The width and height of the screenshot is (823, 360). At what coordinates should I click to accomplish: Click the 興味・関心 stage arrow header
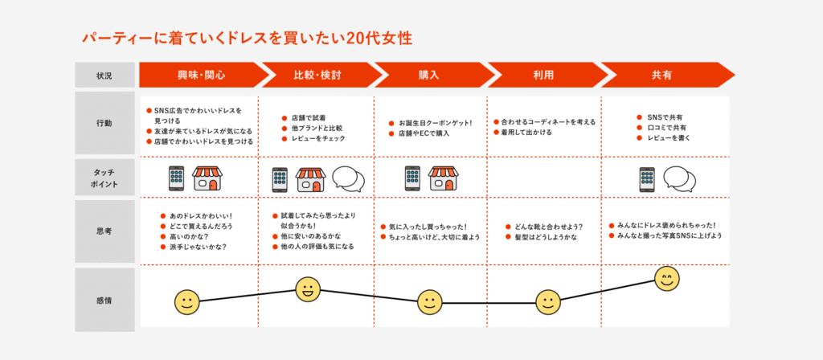(x=201, y=75)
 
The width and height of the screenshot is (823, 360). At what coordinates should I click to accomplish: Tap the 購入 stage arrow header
(x=428, y=75)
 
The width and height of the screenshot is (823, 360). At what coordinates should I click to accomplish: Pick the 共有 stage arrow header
(x=661, y=75)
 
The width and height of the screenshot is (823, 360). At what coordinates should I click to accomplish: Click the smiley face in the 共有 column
(x=666, y=279)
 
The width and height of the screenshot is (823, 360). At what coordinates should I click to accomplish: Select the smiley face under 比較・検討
(x=308, y=289)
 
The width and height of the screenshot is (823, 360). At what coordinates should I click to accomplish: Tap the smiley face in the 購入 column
(x=430, y=302)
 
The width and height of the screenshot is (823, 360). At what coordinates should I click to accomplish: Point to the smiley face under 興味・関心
(x=186, y=302)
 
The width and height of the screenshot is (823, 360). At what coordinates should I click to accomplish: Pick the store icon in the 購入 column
(x=444, y=178)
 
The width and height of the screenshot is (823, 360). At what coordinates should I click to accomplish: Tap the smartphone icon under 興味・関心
(x=176, y=178)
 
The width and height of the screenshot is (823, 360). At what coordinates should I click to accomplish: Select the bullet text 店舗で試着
(x=309, y=117)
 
